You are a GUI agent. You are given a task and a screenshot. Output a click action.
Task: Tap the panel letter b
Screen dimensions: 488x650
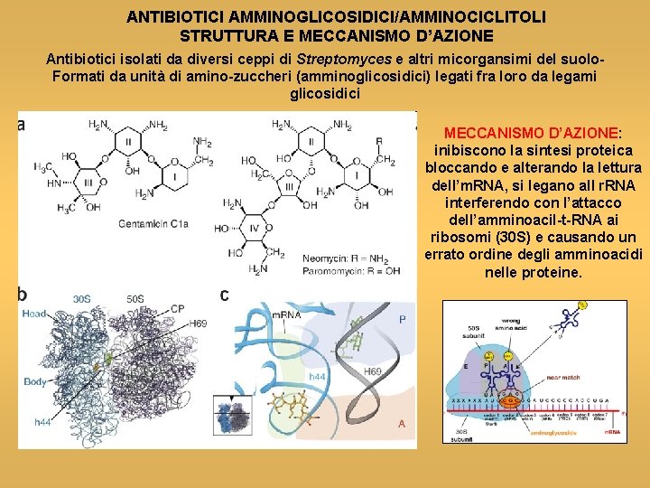click(23, 295)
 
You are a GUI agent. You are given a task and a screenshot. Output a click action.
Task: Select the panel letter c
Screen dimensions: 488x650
click(225, 295)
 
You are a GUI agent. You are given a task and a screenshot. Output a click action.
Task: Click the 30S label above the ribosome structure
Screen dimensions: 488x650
click(81, 297)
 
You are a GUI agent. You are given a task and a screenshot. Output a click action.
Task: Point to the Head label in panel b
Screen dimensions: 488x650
click(34, 314)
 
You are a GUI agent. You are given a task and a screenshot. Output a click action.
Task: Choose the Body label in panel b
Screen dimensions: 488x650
click(35, 381)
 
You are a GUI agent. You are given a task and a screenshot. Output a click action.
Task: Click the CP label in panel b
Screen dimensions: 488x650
click(177, 309)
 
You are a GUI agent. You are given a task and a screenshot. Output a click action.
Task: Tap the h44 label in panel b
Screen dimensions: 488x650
click(42, 422)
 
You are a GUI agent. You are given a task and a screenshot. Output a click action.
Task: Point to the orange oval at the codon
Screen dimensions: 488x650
click(511, 399)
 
